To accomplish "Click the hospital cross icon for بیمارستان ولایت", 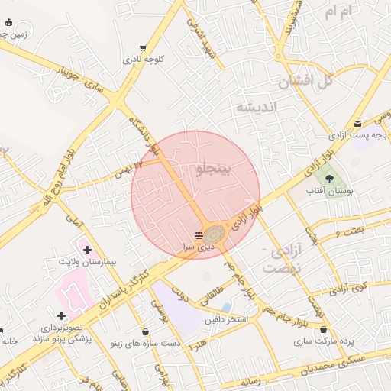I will click(x=87, y=250).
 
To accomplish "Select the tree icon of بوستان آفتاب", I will click(x=329, y=179).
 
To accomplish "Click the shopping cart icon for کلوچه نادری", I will click(x=144, y=47).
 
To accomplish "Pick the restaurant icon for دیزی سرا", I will click(x=199, y=234).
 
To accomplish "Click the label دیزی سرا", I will click(x=198, y=247).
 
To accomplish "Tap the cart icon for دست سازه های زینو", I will click(x=146, y=332).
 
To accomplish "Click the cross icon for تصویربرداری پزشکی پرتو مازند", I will click(x=61, y=315).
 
